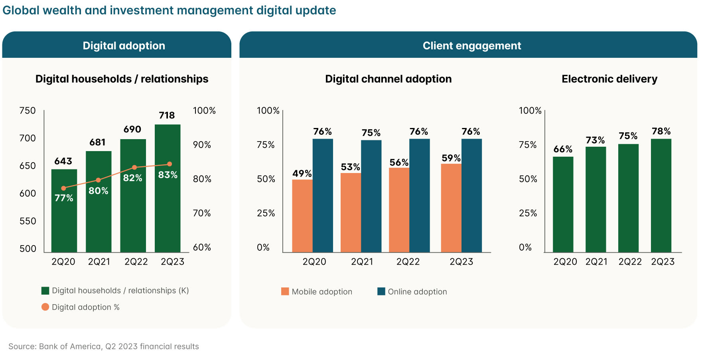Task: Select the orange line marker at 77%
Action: (x=63, y=188)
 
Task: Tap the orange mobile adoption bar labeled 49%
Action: (x=302, y=216)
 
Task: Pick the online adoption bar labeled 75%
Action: (x=371, y=196)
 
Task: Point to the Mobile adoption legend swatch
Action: (x=285, y=291)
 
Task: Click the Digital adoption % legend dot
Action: (x=45, y=307)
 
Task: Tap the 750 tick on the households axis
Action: (x=28, y=111)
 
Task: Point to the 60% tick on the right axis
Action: (x=202, y=248)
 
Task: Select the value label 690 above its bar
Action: (x=132, y=130)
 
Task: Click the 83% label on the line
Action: (x=168, y=175)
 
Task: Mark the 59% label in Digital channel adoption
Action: (x=451, y=158)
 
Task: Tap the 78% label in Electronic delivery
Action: (x=661, y=132)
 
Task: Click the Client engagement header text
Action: (x=471, y=46)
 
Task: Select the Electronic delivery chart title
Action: (x=609, y=79)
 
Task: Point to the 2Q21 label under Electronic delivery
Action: (x=596, y=262)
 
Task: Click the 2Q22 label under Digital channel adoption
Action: (x=408, y=262)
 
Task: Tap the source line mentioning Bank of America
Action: (x=104, y=346)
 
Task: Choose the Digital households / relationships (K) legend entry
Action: (x=120, y=291)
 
